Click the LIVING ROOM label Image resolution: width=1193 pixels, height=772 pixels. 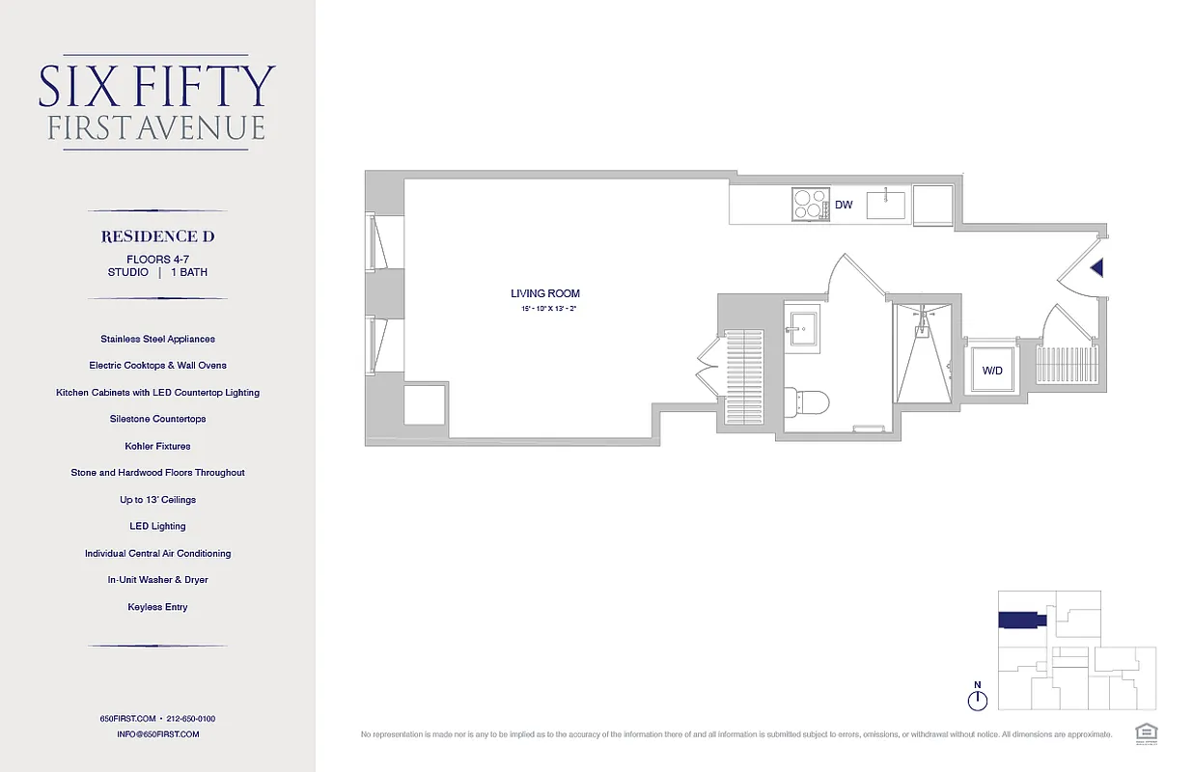[x=545, y=293]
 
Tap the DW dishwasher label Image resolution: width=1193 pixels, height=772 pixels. [x=844, y=205]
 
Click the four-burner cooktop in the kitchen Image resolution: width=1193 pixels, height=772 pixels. [x=810, y=205]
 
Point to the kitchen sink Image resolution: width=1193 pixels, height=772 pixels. [x=885, y=205]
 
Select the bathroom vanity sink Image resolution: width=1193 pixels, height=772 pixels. [x=801, y=325]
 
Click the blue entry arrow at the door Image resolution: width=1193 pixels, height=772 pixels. [x=1096, y=269]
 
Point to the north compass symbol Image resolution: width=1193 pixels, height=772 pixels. [x=978, y=698]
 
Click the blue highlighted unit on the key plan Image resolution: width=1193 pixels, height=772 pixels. [x=1021, y=620]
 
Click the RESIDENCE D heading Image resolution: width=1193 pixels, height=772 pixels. [x=157, y=236]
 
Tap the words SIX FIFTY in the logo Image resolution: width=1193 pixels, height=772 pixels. [x=157, y=87]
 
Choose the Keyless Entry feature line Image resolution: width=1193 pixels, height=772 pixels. [x=157, y=607]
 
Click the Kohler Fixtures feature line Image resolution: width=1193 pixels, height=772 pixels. [x=157, y=446]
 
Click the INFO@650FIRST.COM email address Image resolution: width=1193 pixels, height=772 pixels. [x=157, y=734]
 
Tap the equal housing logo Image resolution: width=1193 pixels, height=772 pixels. [x=1147, y=732]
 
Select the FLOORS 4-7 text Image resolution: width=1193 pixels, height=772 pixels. [x=157, y=259]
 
